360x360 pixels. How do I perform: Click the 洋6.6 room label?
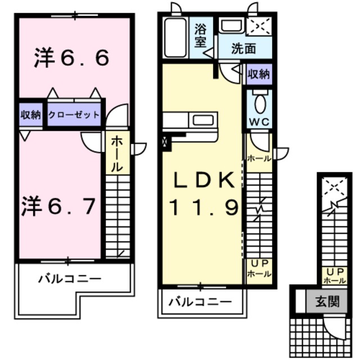coord(71,58)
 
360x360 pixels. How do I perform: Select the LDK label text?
coord(202,181)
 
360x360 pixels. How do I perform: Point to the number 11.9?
coord(204,209)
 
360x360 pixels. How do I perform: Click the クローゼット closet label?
coord(74,115)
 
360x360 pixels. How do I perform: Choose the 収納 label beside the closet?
coord(31,115)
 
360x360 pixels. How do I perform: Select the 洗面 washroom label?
coord(243,49)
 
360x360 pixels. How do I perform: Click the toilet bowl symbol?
coord(260,105)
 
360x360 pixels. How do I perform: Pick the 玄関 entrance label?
coord(326,302)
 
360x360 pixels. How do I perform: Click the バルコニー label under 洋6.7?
coord(70,278)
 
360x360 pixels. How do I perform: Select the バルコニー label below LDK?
coord(200,301)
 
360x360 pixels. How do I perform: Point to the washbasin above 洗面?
coord(230,26)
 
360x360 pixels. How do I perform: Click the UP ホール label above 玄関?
coord(334,275)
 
